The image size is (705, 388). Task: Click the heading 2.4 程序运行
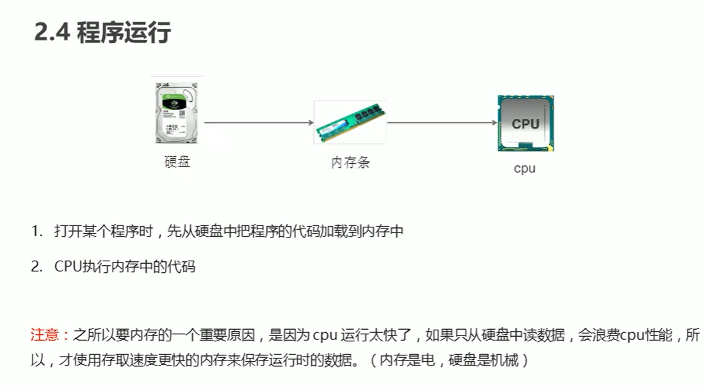102,32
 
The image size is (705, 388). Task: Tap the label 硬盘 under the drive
177,161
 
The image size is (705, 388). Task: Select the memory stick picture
350,122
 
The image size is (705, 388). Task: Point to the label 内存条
350,163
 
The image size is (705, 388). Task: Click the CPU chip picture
526,123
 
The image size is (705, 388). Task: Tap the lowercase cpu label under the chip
524,169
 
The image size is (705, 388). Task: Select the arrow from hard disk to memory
259,122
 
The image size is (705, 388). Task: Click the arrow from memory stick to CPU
442,122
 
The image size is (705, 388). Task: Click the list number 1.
36,232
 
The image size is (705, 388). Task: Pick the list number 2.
36,267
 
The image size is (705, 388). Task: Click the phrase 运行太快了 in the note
378,335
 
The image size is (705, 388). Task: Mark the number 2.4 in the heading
52,32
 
